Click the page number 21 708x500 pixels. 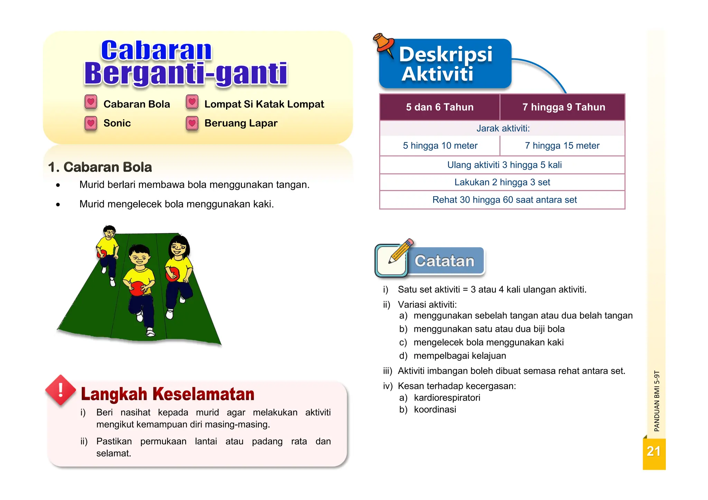click(x=653, y=452)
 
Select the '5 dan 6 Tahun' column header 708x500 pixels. click(x=440, y=107)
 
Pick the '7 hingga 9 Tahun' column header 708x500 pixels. click(x=563, y=107)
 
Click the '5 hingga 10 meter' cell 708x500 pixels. click(x=440, y=146)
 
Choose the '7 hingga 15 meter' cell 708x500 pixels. click(x=562, y=146)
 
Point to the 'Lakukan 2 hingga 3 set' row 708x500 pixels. click(x=502, y=182)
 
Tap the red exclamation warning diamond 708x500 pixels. click(x=61, y=390)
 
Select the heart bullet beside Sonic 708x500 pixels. click(x=91, y=123)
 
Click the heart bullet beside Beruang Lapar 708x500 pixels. click(x=192, y=123)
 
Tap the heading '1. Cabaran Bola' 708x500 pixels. click(x=100, y=167)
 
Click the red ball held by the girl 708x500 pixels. click(x=173, y=275)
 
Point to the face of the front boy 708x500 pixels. click(x=140, y=258)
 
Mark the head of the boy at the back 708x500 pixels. click(x=110, y=232)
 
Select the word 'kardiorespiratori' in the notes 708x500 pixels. click(x=447, y=398)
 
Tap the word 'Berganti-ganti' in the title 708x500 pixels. click(x=186, y=74)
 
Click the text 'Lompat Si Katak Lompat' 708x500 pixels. click(x=264, y=104)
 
